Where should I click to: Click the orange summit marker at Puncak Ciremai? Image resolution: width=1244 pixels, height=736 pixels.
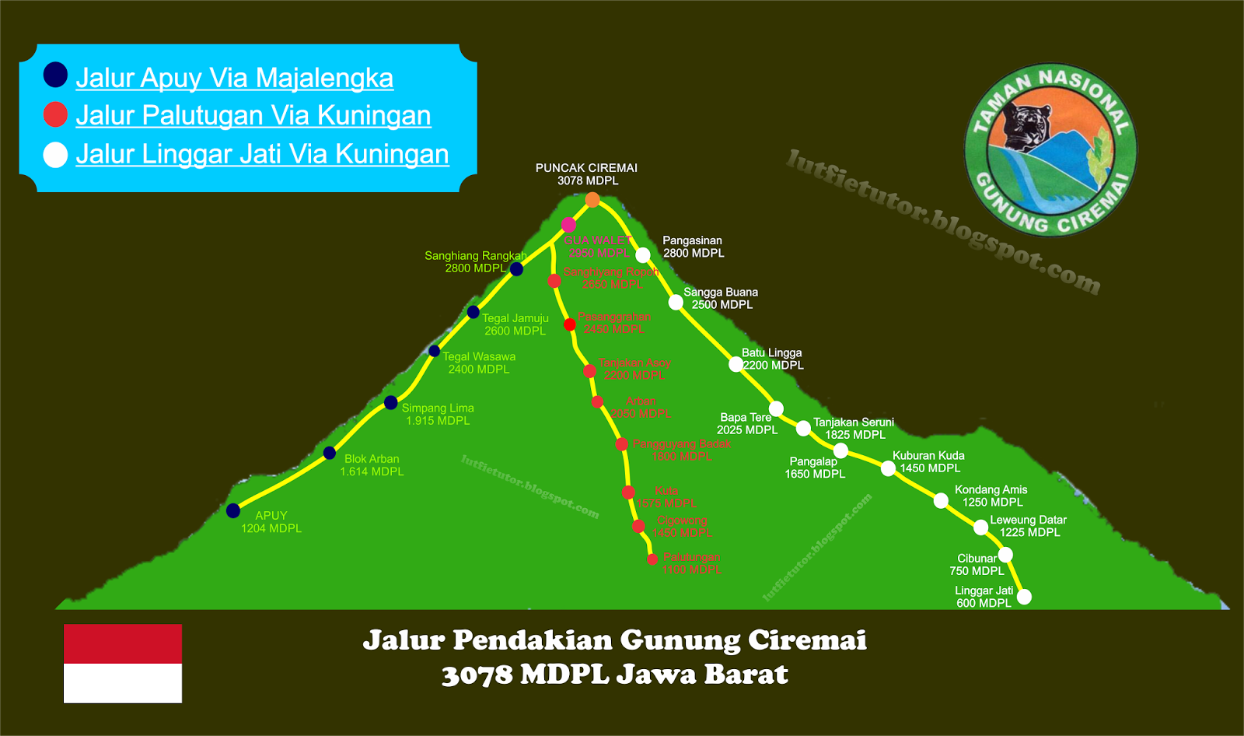592,200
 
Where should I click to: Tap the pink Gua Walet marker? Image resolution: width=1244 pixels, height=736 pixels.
568,225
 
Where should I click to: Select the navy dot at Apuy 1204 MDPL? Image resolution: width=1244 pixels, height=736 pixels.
233,510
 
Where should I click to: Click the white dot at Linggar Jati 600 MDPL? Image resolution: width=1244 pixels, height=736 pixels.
1024,597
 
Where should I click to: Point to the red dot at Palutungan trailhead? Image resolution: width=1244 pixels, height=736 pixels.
652,559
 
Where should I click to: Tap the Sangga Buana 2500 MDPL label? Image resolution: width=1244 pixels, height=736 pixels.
721,298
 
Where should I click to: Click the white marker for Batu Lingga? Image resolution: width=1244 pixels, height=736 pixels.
736,364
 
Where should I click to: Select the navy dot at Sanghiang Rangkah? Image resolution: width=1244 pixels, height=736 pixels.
516,269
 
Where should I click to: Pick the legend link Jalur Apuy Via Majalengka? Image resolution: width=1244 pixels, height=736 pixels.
234,78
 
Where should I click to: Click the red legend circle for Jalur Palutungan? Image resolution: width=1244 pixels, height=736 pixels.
55,114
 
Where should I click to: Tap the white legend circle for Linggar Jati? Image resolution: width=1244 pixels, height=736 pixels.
55,154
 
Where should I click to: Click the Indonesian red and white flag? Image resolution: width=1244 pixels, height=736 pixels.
123,664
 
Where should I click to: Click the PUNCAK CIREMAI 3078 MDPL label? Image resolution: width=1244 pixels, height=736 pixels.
587,174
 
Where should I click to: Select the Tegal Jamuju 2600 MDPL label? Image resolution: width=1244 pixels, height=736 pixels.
515,324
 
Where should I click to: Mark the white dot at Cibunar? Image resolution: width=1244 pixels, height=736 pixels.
1005,555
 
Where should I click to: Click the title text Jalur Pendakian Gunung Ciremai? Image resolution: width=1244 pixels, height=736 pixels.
614,640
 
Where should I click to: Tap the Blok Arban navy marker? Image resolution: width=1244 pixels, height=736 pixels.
330,453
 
